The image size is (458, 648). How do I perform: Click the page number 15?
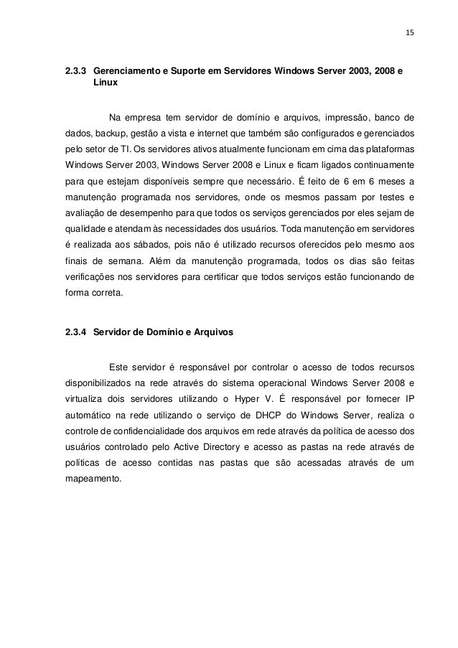410,32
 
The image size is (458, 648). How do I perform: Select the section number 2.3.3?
75,72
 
